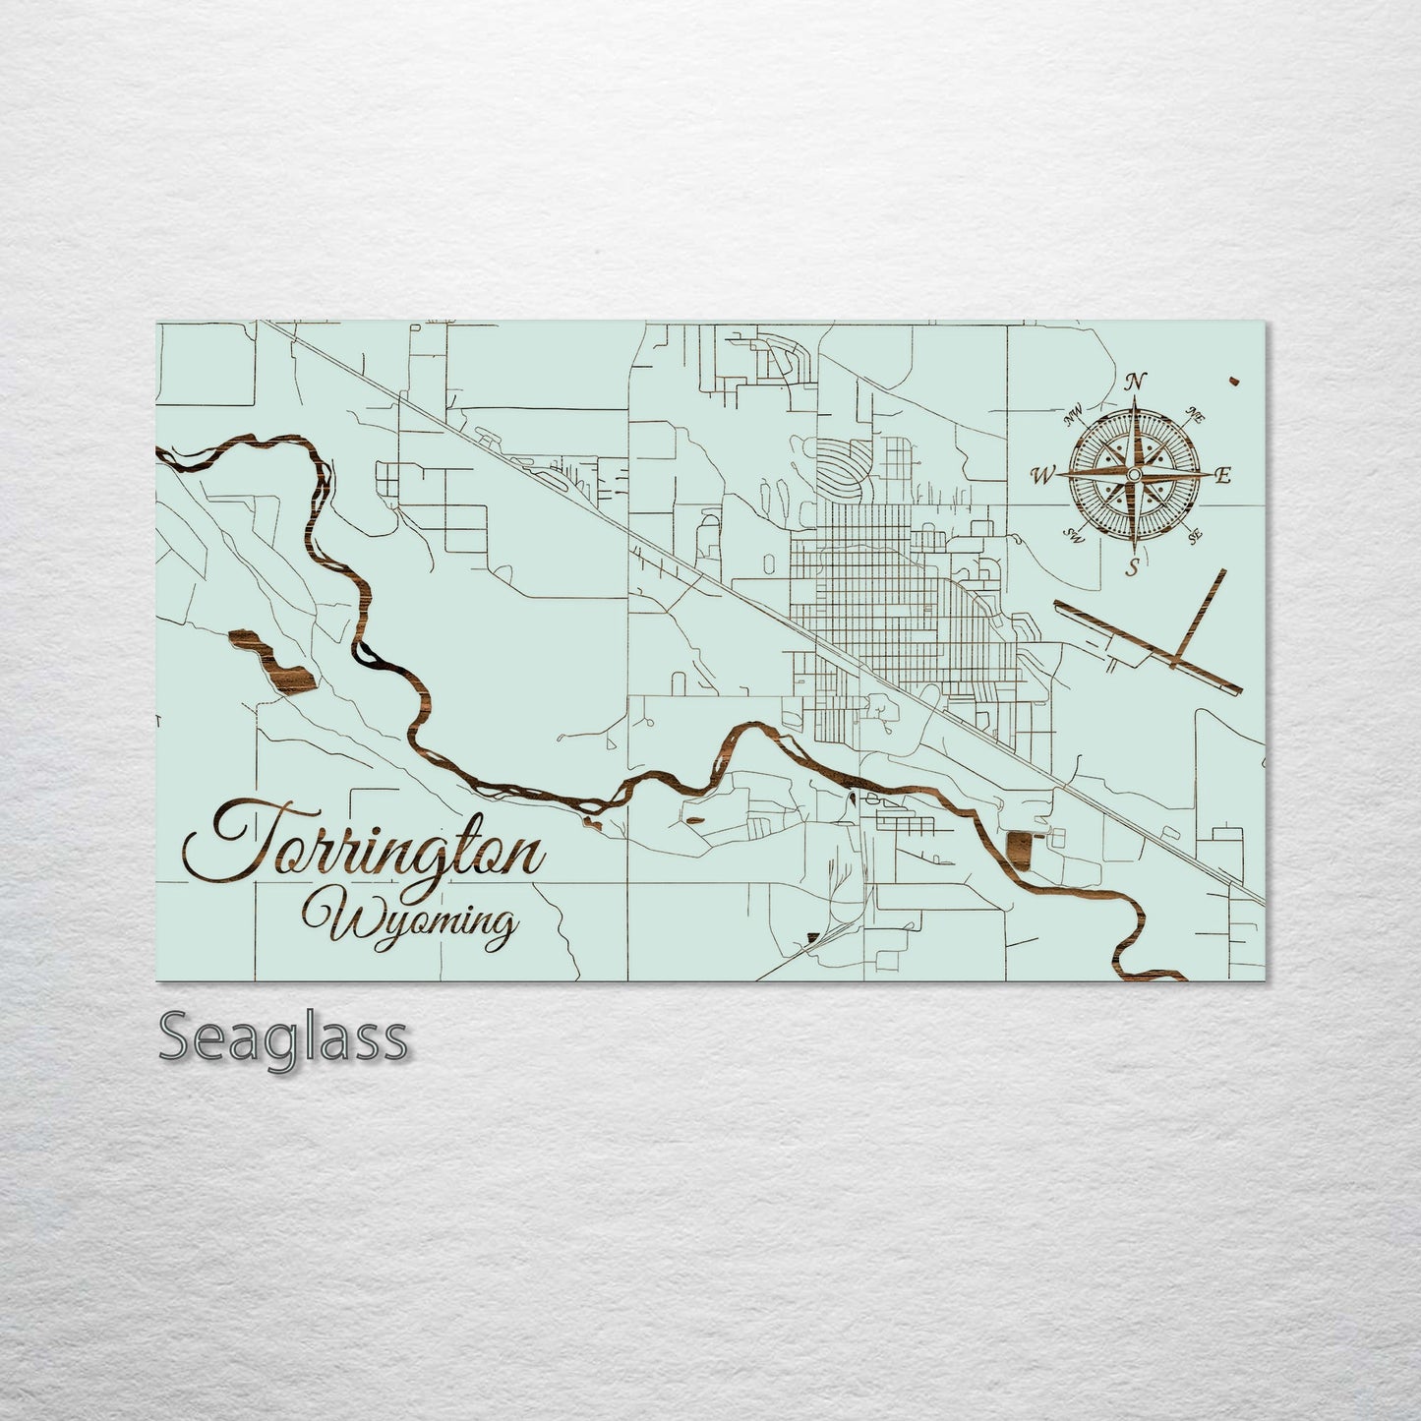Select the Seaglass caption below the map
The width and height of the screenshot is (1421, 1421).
(x=282, y=1038)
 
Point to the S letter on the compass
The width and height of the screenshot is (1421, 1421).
(x=1133, y=566)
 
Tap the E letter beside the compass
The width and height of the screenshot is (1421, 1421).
(x=1222, y=476)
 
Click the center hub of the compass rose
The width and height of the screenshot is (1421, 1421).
(x=1133, y=475)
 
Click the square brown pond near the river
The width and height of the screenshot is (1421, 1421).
(x=1019, y=850)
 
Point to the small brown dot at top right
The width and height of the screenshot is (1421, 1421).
(x=1232, y=380)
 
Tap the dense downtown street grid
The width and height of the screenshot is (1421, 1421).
(x=865, y=600)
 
